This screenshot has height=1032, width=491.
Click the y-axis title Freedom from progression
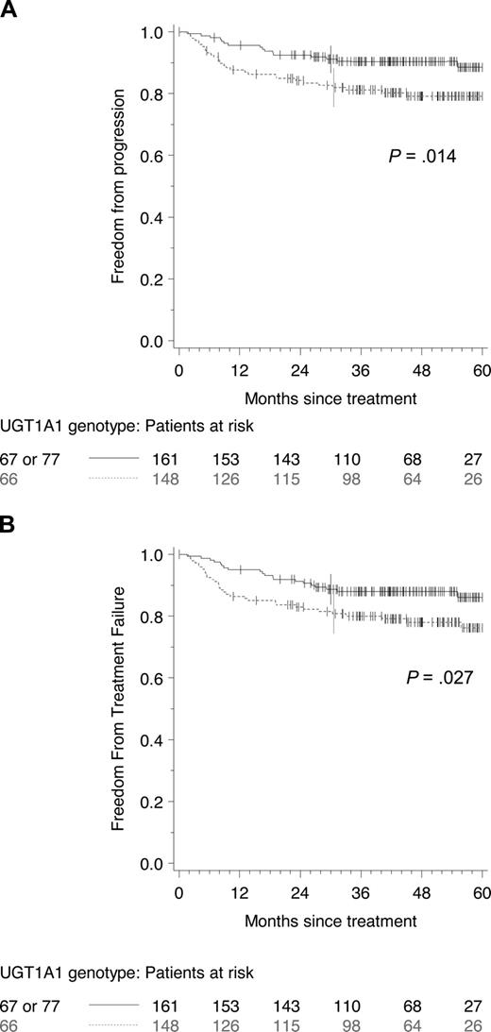pos(119,186)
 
